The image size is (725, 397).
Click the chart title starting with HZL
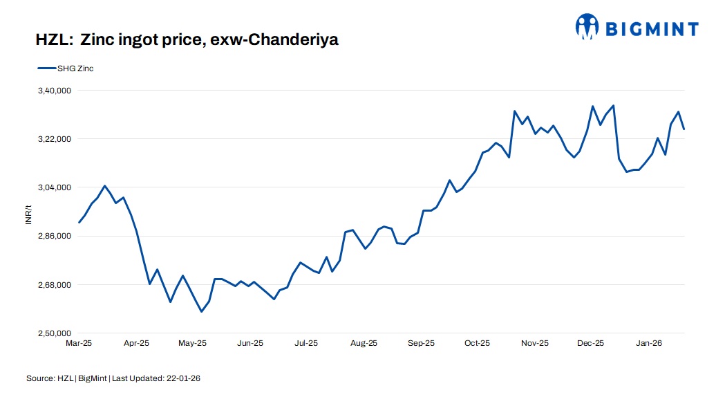(x=187, y=40)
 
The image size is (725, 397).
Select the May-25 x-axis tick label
(x=193, y=343)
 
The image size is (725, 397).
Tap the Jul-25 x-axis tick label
(x=306, y=343)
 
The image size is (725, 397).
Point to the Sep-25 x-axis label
(x=421, y=343)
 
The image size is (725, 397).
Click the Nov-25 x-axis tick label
(x=534, y=343)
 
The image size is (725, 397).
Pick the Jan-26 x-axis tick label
(x=649, y=343)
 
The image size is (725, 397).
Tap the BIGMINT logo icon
(x=587, y=26)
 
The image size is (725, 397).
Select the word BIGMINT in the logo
(x=652, y=28)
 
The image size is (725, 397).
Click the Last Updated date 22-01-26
(x=183, y=378)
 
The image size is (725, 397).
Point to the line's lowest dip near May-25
(x=202, y=312)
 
